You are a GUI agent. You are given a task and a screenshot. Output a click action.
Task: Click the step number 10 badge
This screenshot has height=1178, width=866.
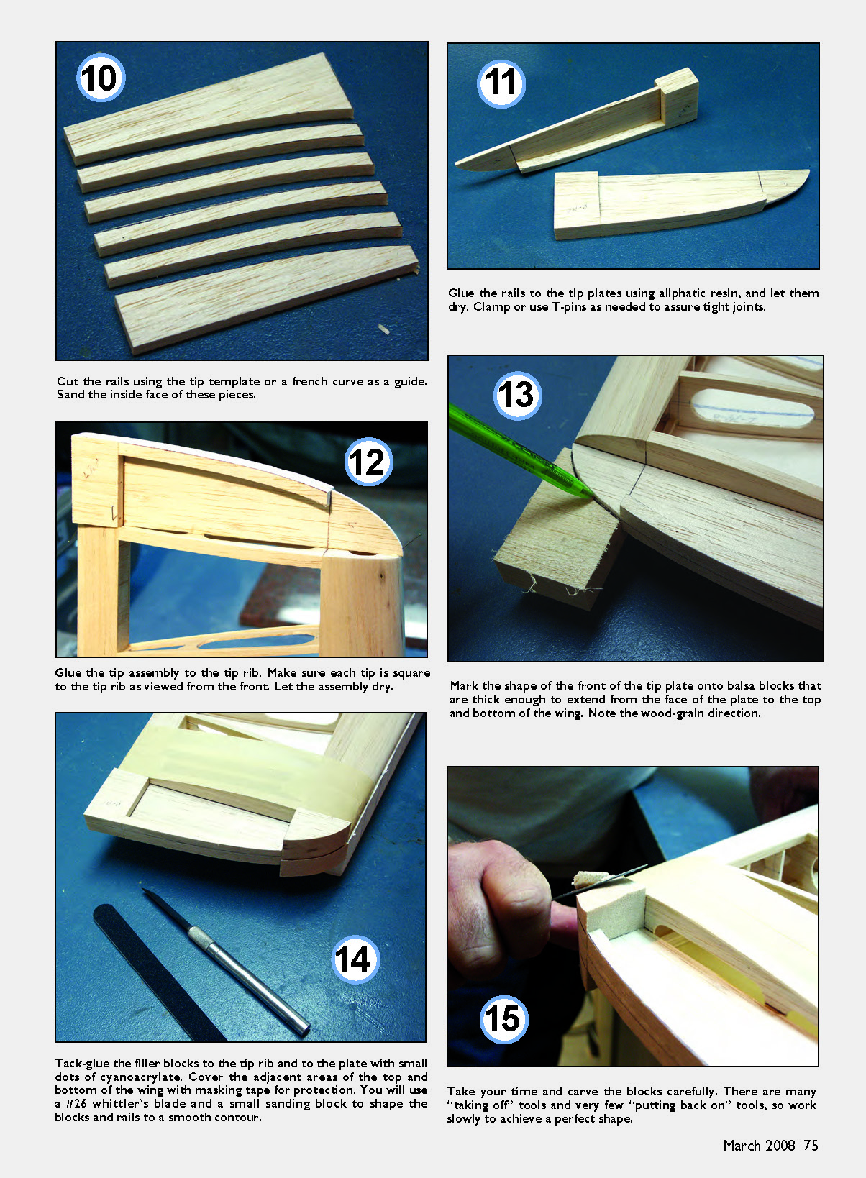point(101,78)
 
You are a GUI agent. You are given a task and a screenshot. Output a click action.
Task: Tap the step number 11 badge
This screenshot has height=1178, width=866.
point(501,83)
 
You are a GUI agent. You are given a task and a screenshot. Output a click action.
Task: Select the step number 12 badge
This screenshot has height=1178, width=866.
point(368,461)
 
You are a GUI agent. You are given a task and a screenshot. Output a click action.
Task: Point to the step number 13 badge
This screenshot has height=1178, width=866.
point(517,395)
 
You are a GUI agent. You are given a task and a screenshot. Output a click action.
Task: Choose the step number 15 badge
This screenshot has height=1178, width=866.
point(503,1018)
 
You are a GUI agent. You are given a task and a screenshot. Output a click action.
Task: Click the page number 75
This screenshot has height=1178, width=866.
point(811,1146)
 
